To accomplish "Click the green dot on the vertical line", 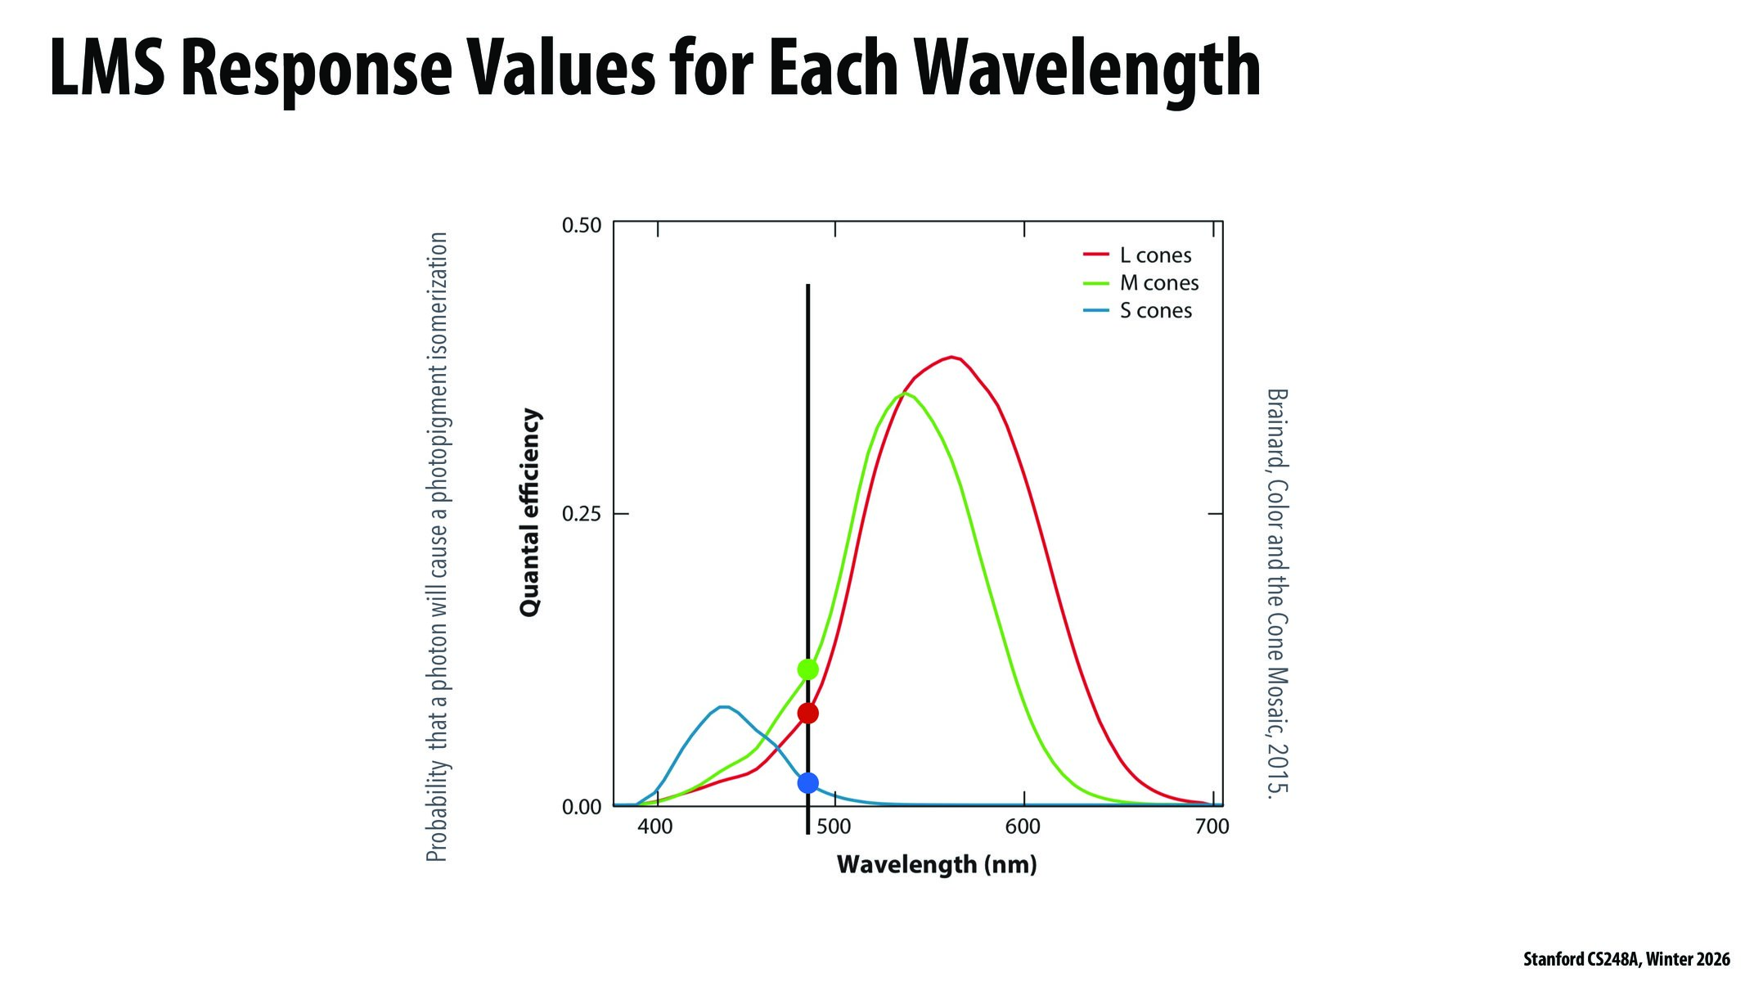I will (x=807, y=669).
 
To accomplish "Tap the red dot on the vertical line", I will (x=807, y=714).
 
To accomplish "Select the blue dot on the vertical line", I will (x=807, y=783).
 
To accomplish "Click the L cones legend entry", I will (x=1154, y=255).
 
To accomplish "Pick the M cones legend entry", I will (x=1158, y=283).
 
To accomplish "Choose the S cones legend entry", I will (x=1155, y=311).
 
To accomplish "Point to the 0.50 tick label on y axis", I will (x=582, y=225).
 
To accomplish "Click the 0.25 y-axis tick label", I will (x=582, y=514).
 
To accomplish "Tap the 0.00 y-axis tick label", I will (x=582, y=807).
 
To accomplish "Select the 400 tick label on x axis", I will (x=655, y=827).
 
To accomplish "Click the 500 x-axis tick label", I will (x=834, y=827).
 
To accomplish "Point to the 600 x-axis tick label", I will (x=1023, y=827).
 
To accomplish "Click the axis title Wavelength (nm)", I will (x=937, y=864).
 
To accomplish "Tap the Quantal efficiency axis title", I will (x=530, y=512).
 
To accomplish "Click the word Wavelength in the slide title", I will (x=1087, y=70).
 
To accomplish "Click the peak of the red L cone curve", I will (x=951, y=358).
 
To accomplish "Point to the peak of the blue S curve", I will (x=723, y=707).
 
